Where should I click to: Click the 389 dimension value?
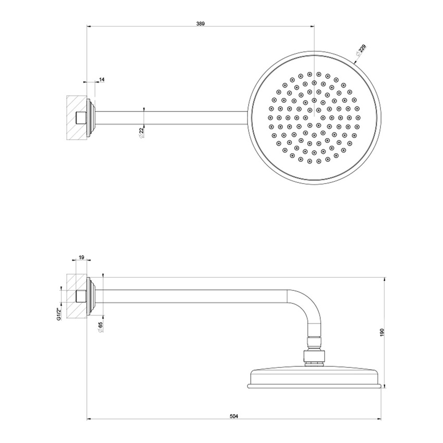(201, 23)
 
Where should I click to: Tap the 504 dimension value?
(234, 416)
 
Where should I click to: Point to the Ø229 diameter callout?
(361, 50)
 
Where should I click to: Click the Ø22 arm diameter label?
(141, 132)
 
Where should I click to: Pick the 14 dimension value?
(102, 79)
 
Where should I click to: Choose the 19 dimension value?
(82, 257)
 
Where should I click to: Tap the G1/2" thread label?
(60, 315)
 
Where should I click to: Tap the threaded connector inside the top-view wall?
(81, 118)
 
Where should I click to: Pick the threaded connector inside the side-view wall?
(81, 296)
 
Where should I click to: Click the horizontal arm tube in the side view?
(193, 296)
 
